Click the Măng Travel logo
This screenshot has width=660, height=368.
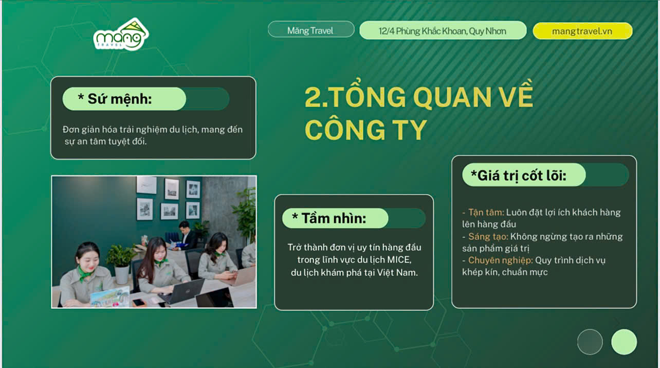coord(121,34)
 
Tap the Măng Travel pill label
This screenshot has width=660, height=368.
coord(311,29)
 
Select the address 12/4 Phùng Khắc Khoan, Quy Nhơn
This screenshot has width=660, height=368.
coord(443,31)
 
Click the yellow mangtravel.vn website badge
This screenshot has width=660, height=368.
coord(582,31)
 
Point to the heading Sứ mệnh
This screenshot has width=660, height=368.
coord(115,99)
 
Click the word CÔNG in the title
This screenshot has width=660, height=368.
coord(345,130)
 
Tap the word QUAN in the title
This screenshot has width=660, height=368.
coord(452,97)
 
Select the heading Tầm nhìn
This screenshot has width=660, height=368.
coord(329,218)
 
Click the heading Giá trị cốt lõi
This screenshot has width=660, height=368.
coord(519,176)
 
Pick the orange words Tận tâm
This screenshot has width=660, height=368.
coord(486,212)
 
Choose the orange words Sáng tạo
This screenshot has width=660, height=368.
coord(488,236)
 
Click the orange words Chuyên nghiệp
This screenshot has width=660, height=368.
coord(501,260)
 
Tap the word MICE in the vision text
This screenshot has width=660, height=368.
coord(399,260)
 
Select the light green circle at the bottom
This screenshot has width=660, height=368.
coord(624,342)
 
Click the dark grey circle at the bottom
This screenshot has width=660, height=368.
coord(590,342)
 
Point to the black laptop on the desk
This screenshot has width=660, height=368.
coord(181,291)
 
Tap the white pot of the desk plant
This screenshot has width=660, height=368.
coord(122,275)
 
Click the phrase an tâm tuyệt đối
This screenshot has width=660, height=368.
coord(112,142)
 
